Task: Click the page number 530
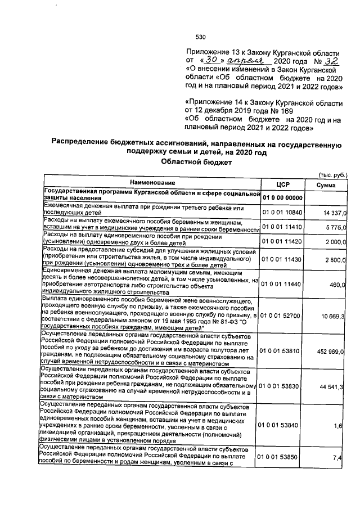[200, 37]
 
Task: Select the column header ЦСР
[282, 184]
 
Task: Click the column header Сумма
[326, 184]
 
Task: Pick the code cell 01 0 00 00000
[282, 198]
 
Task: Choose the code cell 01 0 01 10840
[282, 212]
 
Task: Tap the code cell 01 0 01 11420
[282, 240]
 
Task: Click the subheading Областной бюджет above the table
[195, 161]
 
